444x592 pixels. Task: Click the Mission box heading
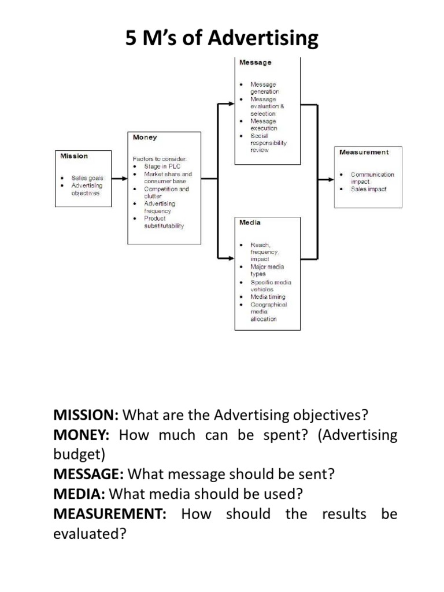coord(75,156)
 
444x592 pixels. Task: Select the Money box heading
coord(145,138)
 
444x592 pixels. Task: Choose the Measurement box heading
coord(364,152)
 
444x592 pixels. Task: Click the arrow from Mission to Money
coord(119,179)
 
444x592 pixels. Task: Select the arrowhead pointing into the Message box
coord(230,105)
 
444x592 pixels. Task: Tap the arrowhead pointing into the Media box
coord(230,256)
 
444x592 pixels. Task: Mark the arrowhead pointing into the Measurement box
coord(331,179)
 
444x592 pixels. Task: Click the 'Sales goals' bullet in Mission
coord(87,179)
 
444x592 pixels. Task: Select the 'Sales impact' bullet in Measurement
coord(368,189)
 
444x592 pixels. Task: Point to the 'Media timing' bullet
coord(268,297)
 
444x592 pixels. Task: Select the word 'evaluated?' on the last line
coord(90,534)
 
